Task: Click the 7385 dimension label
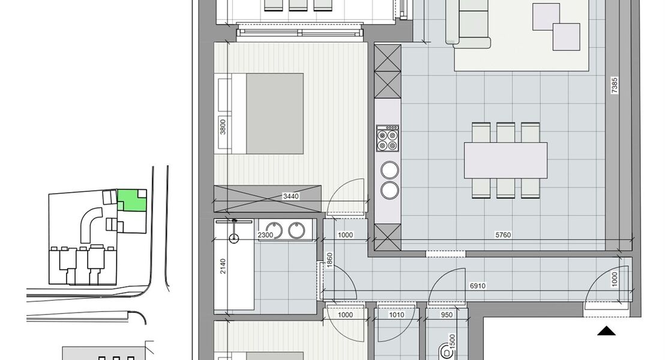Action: point(614,85)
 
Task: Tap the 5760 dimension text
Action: point(502,235)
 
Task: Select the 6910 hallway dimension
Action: point(477,286)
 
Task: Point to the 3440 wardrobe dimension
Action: point(291,196)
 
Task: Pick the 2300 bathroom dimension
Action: point(266,235)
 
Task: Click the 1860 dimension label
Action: point(329,260)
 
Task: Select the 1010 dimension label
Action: point(396,314)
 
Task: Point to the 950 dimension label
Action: point(446,314)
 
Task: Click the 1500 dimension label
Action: point(452,341)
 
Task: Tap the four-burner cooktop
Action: point(387,139)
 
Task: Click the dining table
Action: point(505,160)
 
